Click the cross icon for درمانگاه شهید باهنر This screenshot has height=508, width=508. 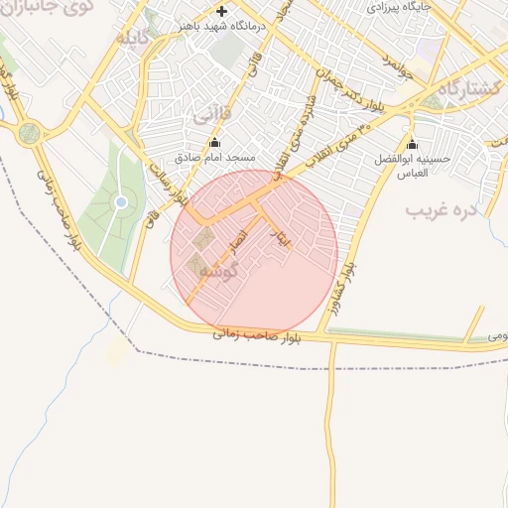click(x=222, y=12)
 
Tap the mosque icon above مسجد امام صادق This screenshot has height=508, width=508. click(x=215, y=142)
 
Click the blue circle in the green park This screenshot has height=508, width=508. click(x=121, y=202)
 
